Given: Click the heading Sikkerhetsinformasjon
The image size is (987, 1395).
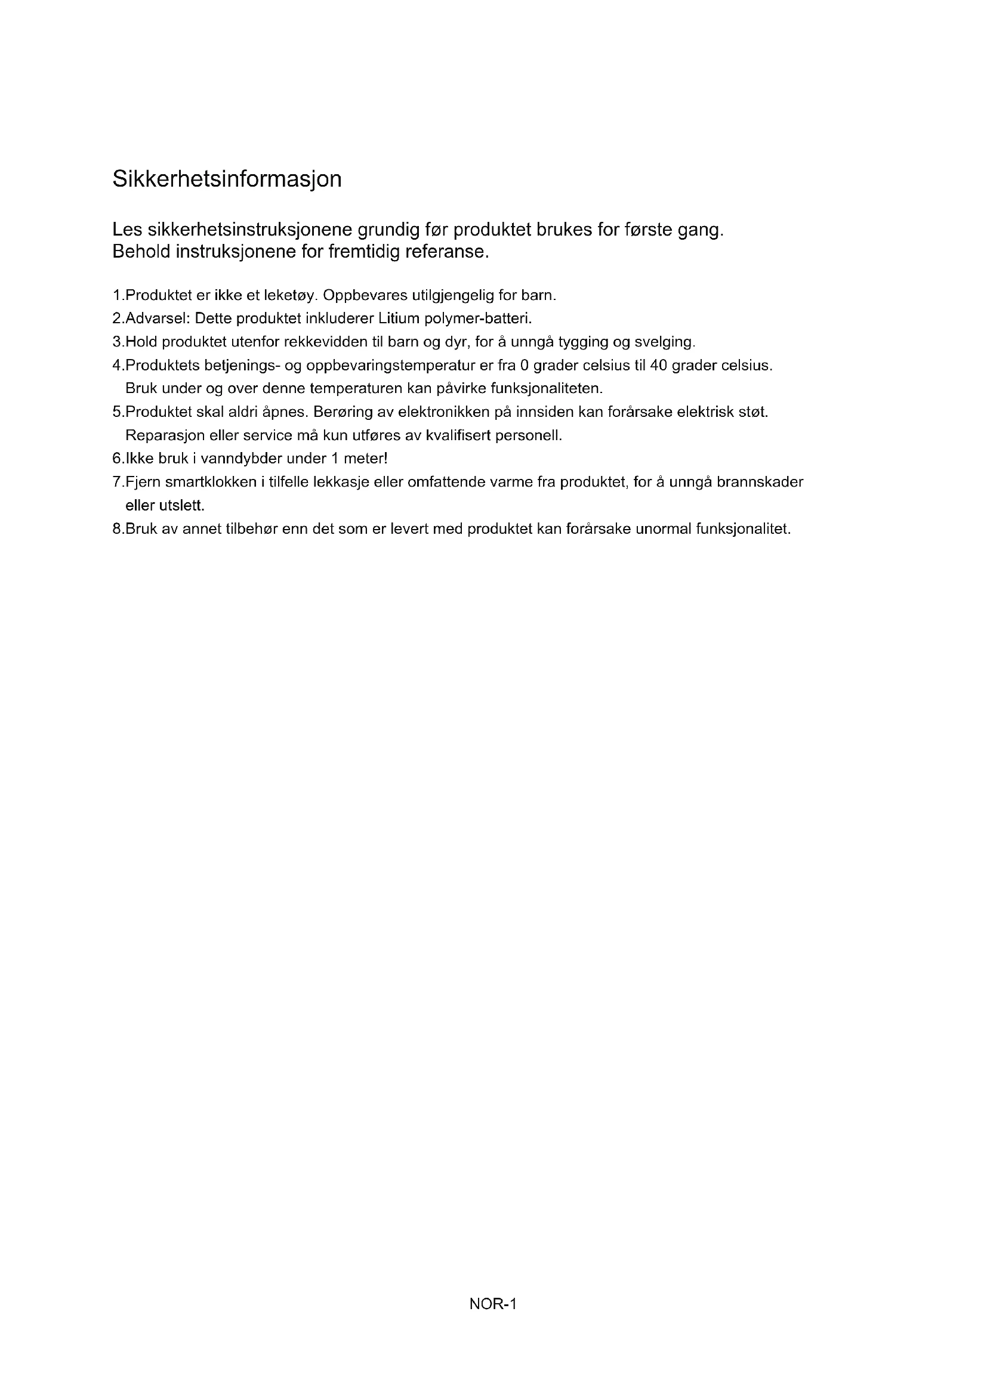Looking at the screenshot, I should (227, 180).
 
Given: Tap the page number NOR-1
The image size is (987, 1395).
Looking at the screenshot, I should (493, 1304).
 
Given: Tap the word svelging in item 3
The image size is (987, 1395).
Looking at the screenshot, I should (664, 342).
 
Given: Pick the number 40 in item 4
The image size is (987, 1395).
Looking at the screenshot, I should (659, 366).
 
